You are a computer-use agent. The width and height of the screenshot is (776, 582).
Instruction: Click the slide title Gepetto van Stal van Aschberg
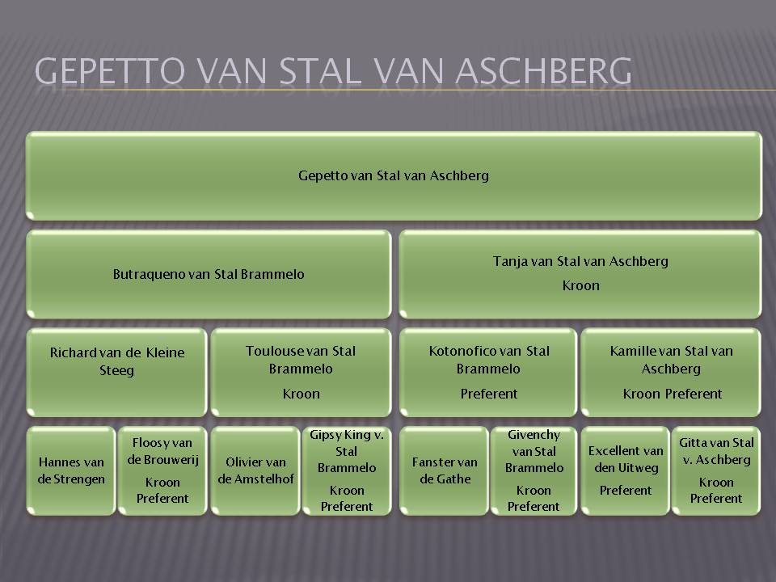pos(333,71)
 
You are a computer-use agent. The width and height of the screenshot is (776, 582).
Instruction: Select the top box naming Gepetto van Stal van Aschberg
pos(394,175)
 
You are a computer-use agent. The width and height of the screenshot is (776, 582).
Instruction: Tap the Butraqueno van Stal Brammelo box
pos(209,274)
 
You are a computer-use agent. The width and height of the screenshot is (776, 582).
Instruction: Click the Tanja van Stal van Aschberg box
pos(580,274)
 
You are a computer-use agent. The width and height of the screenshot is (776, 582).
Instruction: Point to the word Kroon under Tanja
pos(581,285)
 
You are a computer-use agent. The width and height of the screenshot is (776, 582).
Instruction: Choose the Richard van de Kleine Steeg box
pos(116,372)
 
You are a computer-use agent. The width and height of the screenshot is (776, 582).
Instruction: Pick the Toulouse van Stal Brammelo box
pos(301,372)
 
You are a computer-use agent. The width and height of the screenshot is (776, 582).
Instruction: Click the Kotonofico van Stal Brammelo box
pos(488,372)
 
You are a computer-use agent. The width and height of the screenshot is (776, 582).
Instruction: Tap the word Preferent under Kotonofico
pos(489,394)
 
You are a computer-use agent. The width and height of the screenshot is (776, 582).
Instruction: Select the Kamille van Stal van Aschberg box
pos(671,372)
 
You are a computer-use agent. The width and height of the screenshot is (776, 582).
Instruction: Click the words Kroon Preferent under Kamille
pos(672,394)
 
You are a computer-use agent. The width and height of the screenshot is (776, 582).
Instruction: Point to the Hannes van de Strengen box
pos(71,470)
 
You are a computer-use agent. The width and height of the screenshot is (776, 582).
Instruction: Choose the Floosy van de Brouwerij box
pos(162,470)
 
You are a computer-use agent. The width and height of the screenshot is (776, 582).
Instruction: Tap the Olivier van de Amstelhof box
pos(255,470)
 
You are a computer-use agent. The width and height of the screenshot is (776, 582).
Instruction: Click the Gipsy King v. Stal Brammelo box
pos(347,470)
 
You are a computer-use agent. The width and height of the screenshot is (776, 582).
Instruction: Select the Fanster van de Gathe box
pos(444,470)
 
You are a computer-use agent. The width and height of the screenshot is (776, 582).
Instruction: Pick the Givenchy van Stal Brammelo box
pos(533,470)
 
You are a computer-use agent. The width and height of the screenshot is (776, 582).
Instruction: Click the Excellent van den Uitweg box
pos(626,470)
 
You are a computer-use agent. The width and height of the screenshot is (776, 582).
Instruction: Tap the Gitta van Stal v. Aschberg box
pos(716,470)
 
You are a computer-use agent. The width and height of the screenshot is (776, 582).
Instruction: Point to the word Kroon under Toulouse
pos(302,394)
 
